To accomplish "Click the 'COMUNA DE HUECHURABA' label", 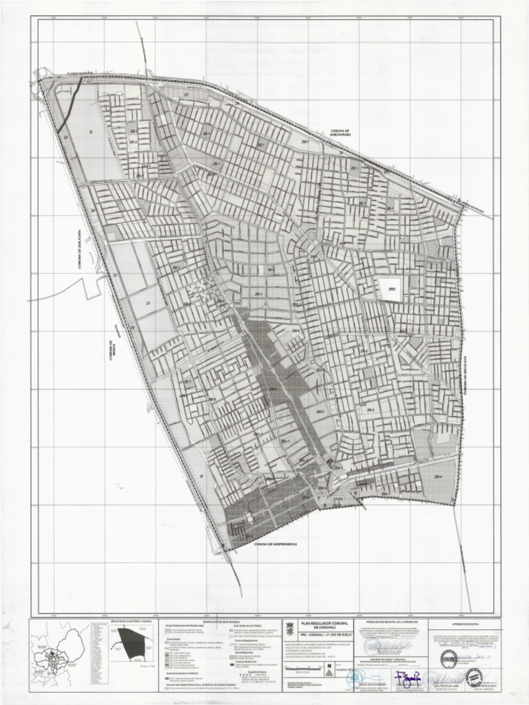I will (x=341, y=133).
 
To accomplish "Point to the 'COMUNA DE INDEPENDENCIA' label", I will (x=275, y=544).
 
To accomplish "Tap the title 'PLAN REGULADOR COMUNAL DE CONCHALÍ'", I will (x=318, y=625).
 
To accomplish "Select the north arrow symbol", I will (x=329, y=665).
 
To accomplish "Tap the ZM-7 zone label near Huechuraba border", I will (x=304, y=142).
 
